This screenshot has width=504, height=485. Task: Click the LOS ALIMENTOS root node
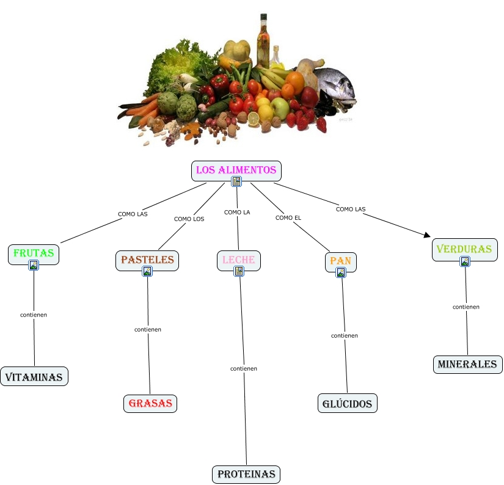(236, 170)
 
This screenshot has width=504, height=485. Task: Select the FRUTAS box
(34, 253)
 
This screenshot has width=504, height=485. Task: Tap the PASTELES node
(147, 260)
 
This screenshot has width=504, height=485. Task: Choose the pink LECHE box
(239, 260)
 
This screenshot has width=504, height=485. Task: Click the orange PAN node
(341, 261)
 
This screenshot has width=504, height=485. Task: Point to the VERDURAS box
(465, 249)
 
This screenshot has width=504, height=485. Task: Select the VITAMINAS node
(34, 377)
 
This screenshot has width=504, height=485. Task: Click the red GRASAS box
(150, 403)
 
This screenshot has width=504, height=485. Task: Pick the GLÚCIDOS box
(348, 403)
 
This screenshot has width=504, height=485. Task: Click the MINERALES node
(468, 365)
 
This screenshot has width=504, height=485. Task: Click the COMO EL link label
(288, 217)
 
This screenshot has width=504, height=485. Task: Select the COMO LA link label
(237, 212)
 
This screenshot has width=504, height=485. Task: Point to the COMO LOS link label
(189, 219)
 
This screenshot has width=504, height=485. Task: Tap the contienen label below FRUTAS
(34, 315)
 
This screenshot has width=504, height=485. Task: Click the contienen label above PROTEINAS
(244, 368)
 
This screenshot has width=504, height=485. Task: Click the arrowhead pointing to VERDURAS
(427, 235)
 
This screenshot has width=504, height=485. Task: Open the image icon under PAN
(341, 272)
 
